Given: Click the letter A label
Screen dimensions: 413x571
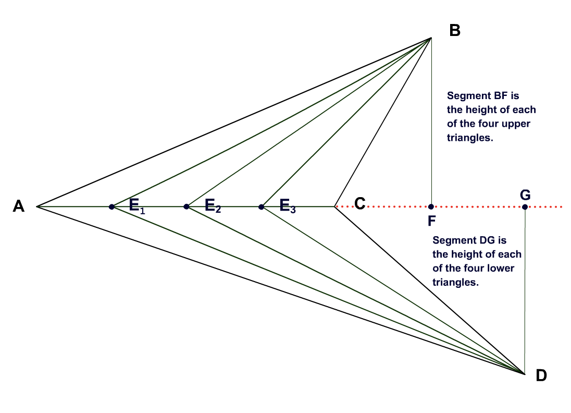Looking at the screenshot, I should coord(19,207).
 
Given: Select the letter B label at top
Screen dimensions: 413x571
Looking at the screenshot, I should coord(454,31).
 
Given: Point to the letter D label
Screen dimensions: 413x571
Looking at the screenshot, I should coord(541,375).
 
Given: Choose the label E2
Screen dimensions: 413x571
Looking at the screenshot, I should coord(213,206).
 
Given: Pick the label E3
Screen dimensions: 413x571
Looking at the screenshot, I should coord(288,206).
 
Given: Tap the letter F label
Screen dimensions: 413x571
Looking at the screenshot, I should coord(431,221).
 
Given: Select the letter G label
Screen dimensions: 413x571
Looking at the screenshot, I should coord(525,194).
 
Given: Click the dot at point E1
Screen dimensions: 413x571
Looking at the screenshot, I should coord(111,207).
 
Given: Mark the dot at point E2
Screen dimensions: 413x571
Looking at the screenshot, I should coord(186,207).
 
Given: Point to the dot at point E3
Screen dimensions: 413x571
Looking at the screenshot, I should coord(261,207).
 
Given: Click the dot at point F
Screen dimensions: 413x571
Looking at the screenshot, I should coord(431,207).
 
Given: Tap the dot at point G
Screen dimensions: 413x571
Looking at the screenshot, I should coord(525,207).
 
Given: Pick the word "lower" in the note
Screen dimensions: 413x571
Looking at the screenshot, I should coord(501,268).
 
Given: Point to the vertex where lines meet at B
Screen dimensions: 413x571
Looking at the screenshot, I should coord(431,38).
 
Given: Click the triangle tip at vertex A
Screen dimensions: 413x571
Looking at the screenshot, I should coord(37,207).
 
